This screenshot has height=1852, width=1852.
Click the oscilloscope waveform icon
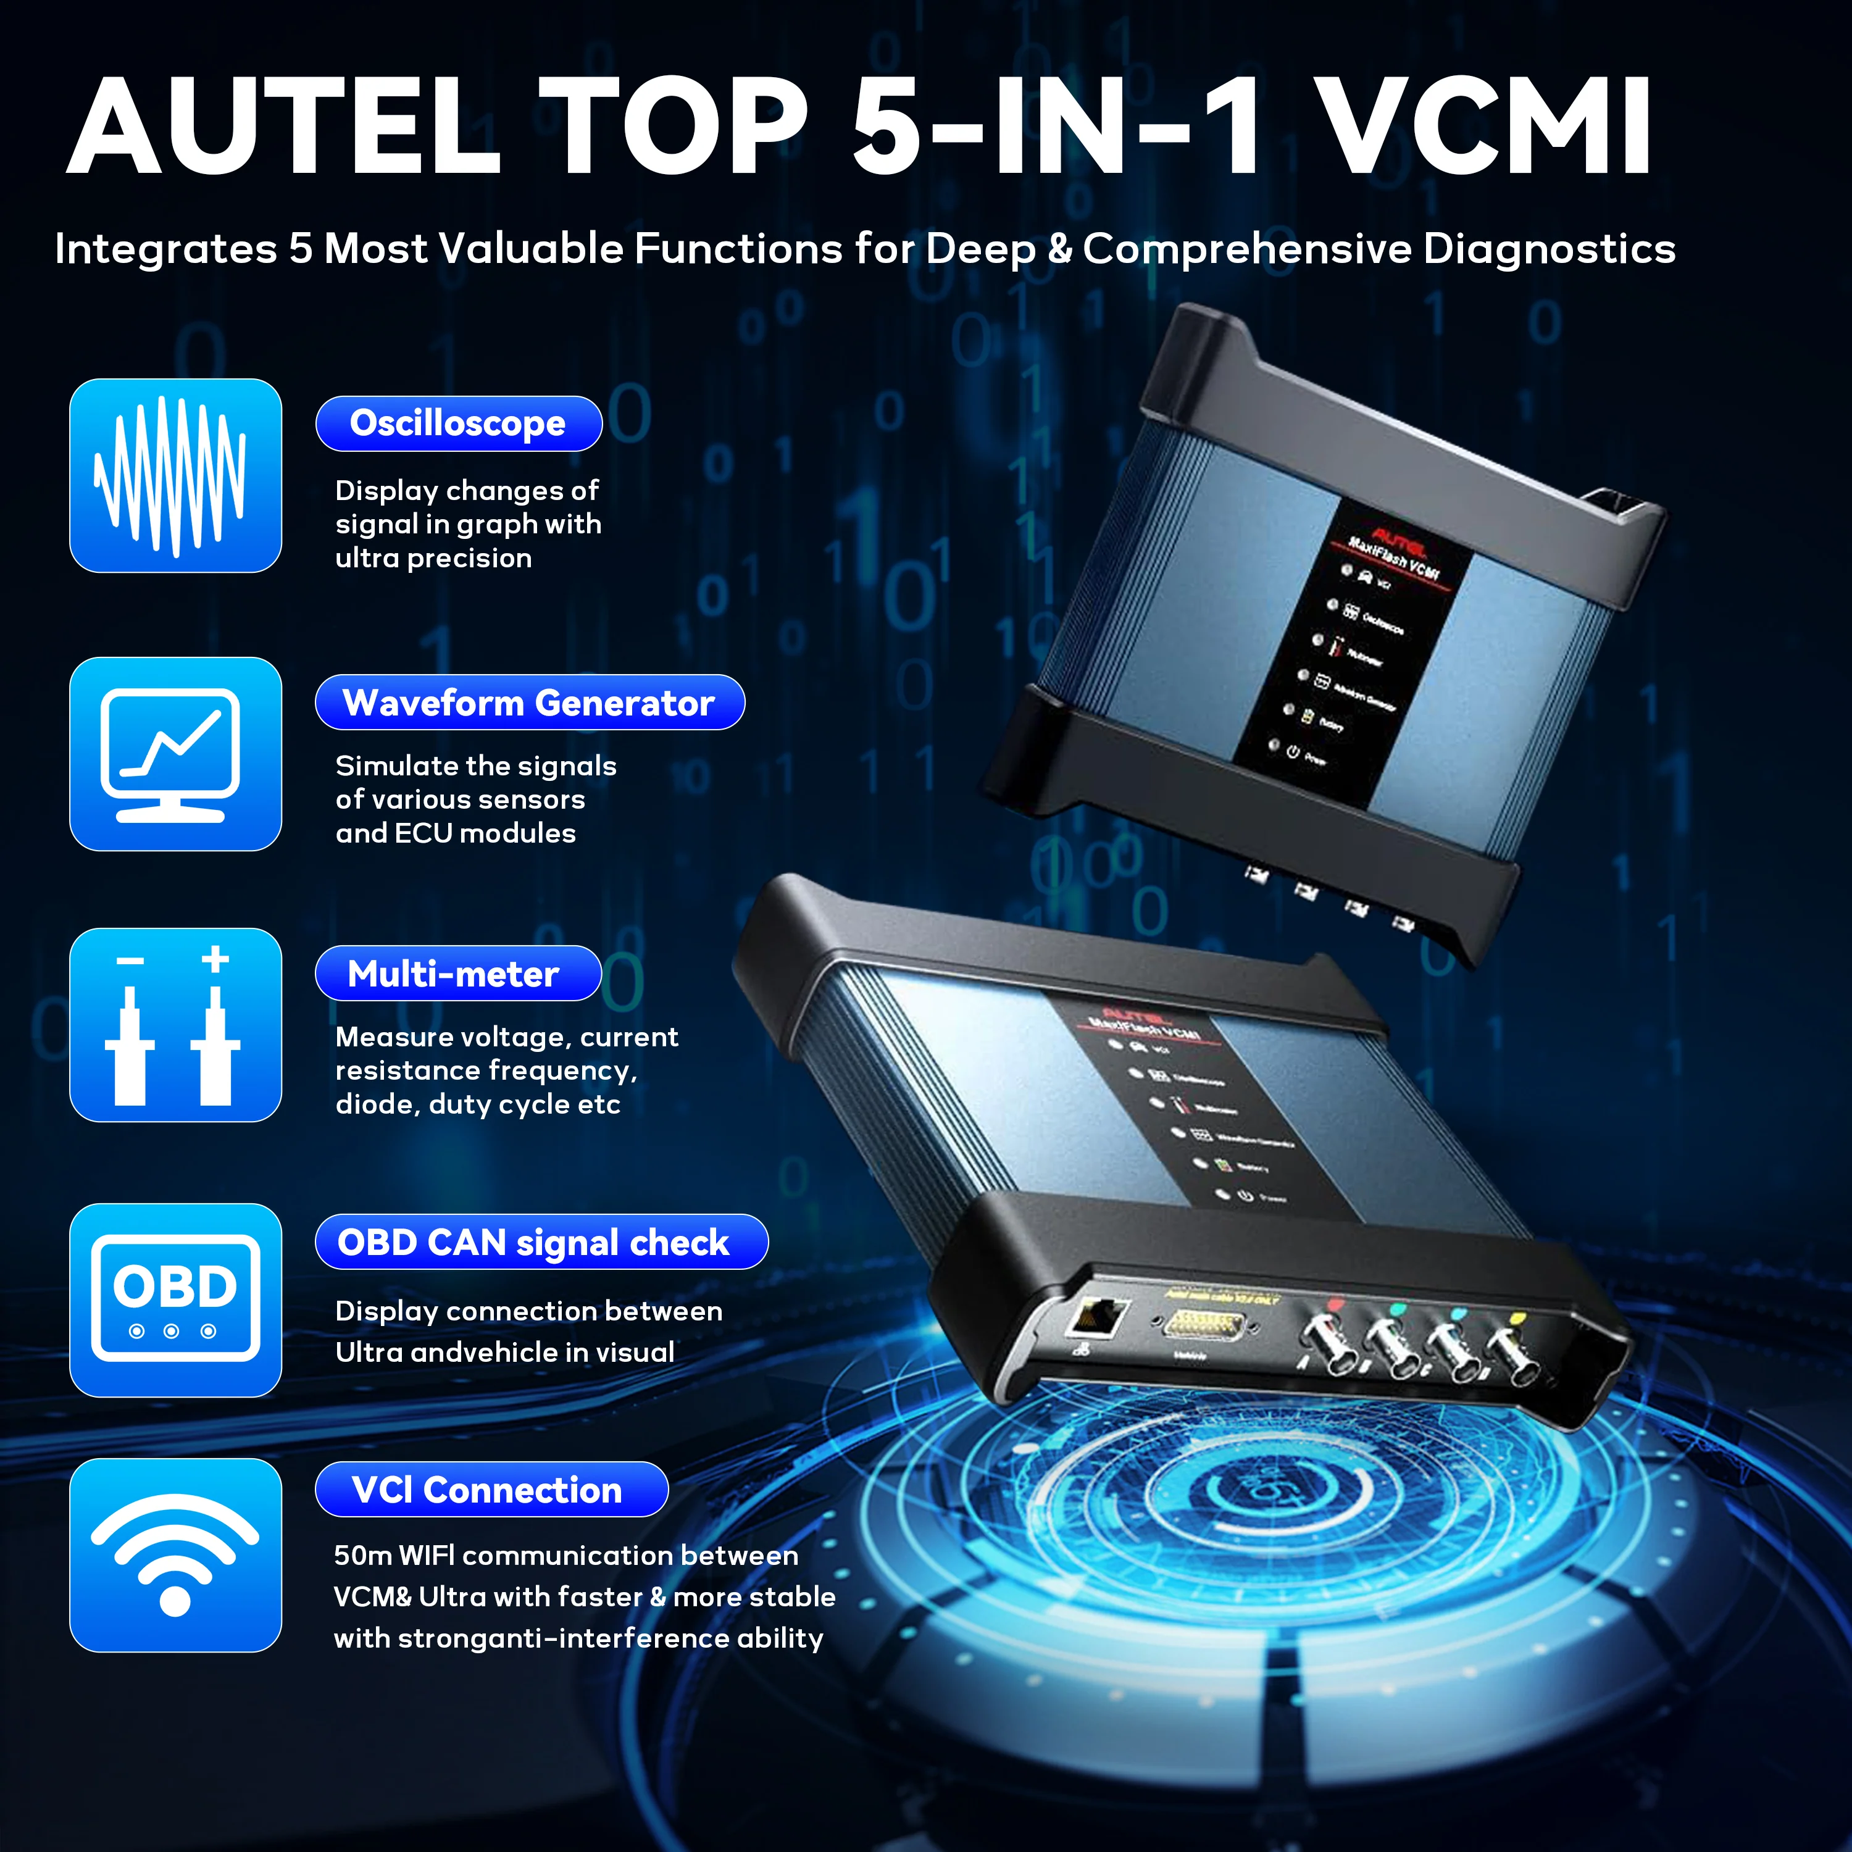tap(175, 475)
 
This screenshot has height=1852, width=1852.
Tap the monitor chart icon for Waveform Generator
tap(175, 753)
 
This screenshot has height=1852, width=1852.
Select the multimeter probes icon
tap(175, 1025)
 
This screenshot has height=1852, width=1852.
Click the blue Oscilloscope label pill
tap(458, 423)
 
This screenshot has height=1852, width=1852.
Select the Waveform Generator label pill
tap(529, 703)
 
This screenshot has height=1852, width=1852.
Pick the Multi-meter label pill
tap(457, 974)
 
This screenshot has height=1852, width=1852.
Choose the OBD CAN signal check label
tap(541, 1242)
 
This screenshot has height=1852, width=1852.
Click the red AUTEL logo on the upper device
tap(1399, 541)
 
